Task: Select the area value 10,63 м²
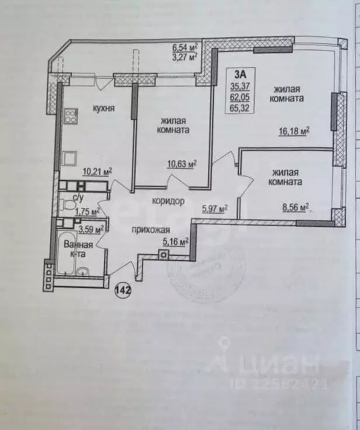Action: pos(181,164)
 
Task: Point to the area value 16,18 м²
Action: pos(293,131)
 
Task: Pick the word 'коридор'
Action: pos(168,202)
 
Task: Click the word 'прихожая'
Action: pos(147,230)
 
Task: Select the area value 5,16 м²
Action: pos(175,241)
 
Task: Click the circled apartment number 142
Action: pos(123,290)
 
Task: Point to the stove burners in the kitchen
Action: pos(71,116)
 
